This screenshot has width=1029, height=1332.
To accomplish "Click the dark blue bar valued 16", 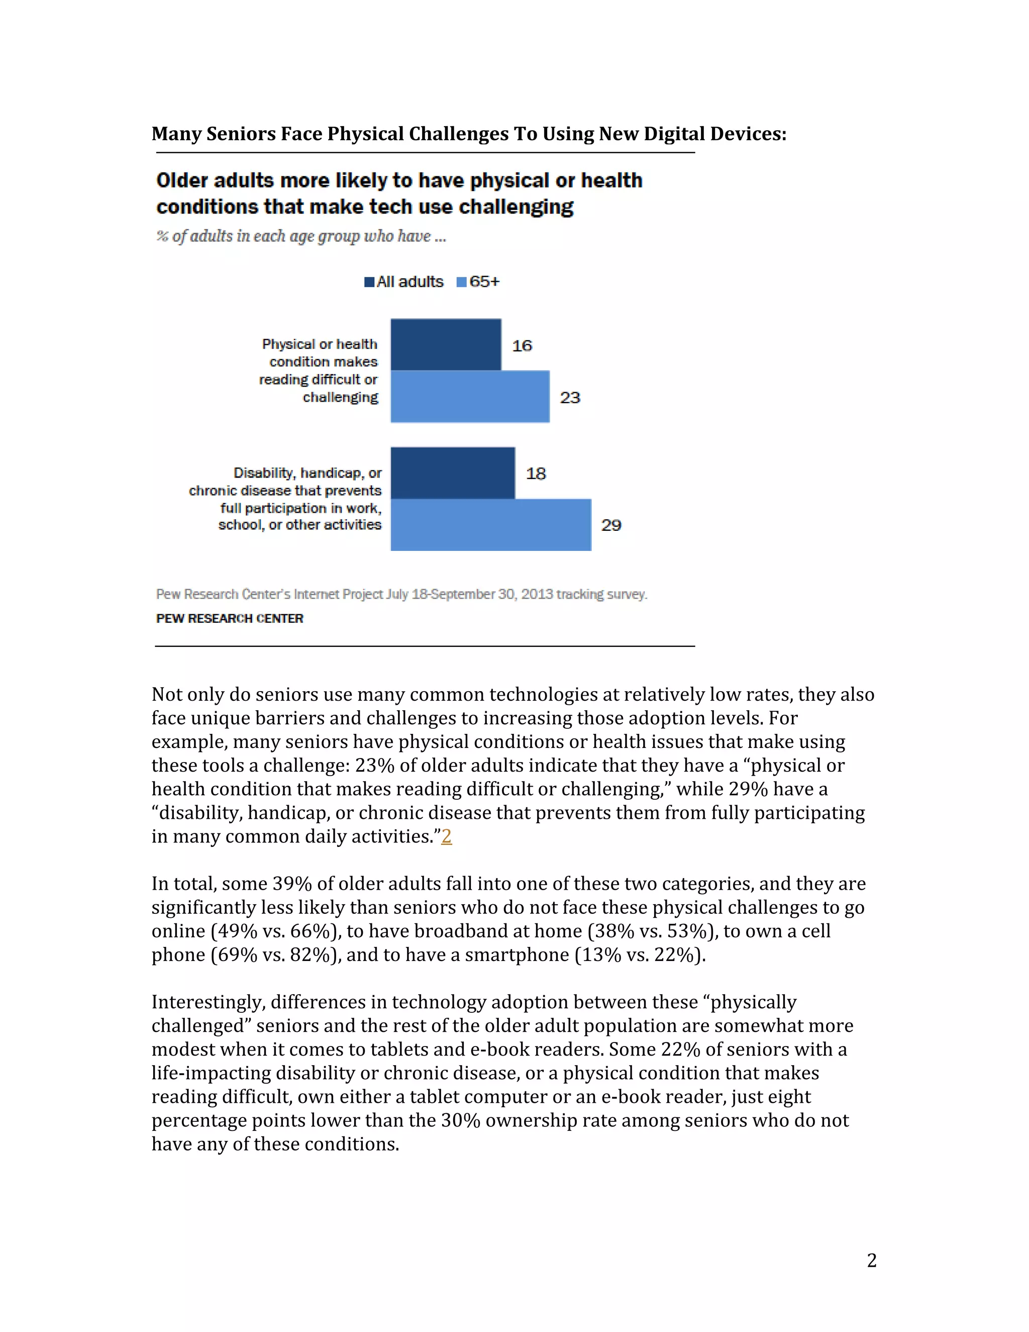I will pos(446,345).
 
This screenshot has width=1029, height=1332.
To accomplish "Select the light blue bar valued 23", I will pos(469,397).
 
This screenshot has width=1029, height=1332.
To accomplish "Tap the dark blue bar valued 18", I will pos(452,473).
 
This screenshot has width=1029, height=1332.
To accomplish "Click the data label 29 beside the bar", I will pos(611,525).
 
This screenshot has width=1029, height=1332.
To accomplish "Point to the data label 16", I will pos(522,346).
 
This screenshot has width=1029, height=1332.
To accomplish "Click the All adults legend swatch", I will pos(369,282).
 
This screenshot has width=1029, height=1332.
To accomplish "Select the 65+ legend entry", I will pos(478,282).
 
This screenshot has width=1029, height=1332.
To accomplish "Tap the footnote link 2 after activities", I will pos(446,836).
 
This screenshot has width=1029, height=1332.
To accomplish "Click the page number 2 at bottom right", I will pos(871,1260).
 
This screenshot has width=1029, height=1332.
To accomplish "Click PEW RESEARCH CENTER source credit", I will pos(229,618).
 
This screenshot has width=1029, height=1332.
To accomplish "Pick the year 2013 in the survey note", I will pos(537,594).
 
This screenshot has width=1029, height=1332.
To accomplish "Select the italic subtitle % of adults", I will pos(301,237).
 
